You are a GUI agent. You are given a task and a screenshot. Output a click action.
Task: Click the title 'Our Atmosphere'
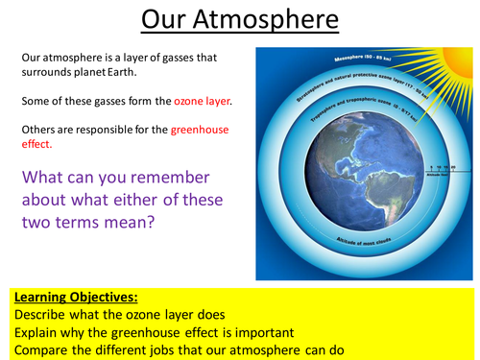pyautogui.click(x=240, y=21)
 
